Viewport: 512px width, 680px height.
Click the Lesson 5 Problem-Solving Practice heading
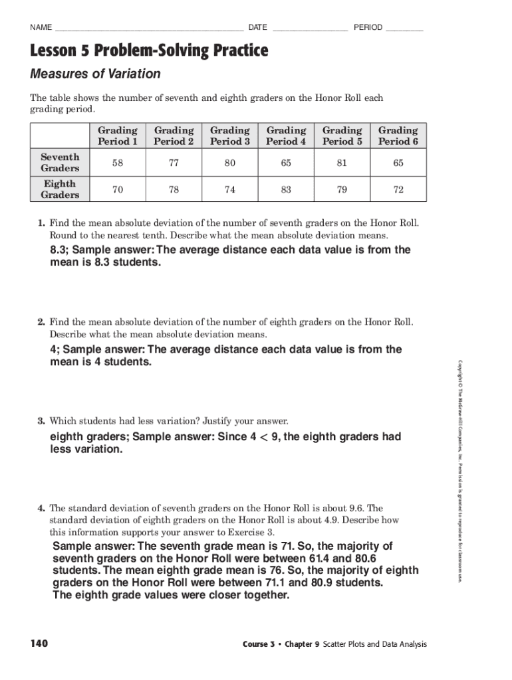149,50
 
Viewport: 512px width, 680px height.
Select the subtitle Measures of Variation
95,74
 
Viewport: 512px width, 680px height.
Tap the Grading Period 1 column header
118,135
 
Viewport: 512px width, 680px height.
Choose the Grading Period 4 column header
286,135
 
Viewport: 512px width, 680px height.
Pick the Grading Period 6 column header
398,135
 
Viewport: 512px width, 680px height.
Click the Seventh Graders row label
60,162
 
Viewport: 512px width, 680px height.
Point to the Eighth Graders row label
60,189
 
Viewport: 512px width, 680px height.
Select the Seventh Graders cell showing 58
118,163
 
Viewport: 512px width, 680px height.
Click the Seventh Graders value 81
342,163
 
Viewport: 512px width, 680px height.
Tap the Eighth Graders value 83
286,189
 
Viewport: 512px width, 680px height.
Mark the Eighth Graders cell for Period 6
398,189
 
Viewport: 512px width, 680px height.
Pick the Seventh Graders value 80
230,163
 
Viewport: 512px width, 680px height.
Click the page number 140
39,643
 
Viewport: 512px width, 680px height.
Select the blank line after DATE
309,29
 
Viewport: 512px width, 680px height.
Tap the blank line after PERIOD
404,29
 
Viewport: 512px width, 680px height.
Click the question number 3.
41,421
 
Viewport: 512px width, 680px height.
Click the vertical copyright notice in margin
459,471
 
